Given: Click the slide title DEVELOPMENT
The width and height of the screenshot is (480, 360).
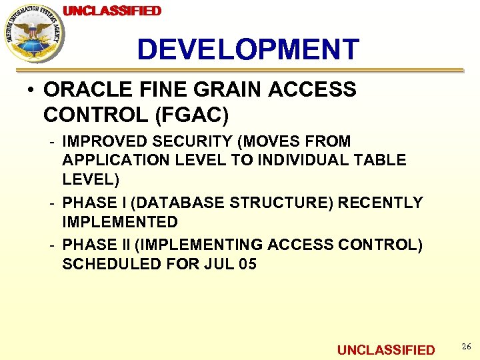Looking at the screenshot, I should coord(248,50).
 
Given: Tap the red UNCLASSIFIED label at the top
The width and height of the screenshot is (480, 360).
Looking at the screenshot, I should coord(112,11).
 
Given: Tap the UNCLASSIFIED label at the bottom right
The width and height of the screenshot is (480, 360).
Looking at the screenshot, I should coord(385,350).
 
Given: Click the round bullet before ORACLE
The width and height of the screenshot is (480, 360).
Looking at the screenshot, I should coord(31,89).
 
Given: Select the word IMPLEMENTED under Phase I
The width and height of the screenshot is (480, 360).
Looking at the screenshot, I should coord(120,221).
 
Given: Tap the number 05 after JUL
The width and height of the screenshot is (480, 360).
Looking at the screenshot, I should coord(247,264).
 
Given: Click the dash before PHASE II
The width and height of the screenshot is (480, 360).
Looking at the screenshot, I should coord(51,245).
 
